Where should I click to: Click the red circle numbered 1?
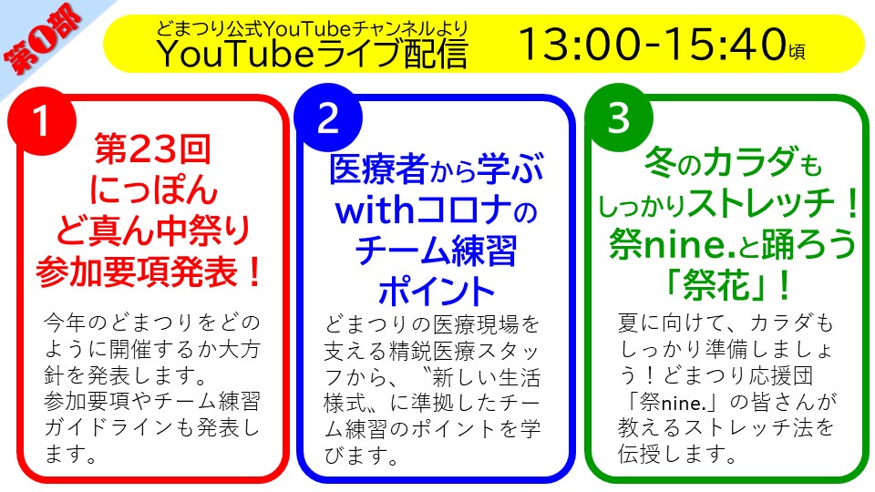pos(41,120)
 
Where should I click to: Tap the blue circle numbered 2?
pos(328,118)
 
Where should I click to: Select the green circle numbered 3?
pos(618,118)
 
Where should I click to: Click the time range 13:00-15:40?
pos(653,44)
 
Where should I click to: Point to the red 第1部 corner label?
pos(43,39)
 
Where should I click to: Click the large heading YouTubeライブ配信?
pos(313,54)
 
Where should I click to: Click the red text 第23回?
pos(152,149)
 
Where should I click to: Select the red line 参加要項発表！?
pos(149,272)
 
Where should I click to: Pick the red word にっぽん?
pos(153,190)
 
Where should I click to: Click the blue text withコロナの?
pos(436,210)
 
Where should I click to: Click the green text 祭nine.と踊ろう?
pos(732,244)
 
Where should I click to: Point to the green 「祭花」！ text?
pos(728,285)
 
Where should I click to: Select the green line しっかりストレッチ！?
pos(729,204)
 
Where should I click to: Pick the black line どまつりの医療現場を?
pos(432,324)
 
